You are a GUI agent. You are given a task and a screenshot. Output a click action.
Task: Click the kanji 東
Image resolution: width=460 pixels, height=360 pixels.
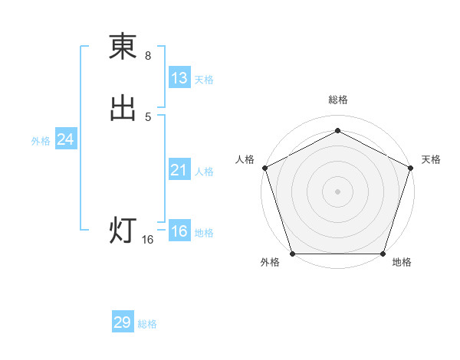[123, 47]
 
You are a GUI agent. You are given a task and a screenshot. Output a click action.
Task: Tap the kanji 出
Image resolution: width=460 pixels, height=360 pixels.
[123, 108]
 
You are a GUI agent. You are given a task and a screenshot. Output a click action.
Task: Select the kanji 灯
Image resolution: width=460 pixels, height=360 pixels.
[123, 231]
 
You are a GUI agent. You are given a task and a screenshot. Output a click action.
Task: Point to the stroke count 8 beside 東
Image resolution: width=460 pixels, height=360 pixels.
[148, 56]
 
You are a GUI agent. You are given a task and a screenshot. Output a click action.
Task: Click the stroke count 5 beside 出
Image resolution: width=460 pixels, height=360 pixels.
[148, 116]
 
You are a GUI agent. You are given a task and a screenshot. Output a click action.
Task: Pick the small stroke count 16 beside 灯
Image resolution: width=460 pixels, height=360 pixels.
[148, 240]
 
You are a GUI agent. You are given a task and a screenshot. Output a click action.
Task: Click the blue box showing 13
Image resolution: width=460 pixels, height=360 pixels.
[179, 78]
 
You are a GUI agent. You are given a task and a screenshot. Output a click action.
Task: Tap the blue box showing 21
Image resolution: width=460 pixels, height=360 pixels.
[179, 170]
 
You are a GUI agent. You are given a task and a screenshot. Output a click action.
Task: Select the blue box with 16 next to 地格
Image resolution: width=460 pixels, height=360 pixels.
[179, 231]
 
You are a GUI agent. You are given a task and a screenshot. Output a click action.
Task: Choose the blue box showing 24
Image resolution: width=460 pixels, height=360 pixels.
[66, 139]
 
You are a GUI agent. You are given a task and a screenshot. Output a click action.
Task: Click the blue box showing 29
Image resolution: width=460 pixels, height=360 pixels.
[123, 322]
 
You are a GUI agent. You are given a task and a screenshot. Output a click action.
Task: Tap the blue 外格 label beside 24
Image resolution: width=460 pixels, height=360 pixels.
[41, 141]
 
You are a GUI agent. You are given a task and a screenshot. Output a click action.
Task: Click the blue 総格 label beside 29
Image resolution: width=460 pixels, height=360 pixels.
[147, 324]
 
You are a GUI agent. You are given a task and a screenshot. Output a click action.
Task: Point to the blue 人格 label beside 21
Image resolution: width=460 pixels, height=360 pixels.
[204, 172]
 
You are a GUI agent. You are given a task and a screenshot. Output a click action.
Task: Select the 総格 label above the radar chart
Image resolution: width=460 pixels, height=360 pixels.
[338, 100]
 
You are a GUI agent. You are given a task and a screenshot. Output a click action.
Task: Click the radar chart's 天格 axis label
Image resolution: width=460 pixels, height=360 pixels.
[432, 159]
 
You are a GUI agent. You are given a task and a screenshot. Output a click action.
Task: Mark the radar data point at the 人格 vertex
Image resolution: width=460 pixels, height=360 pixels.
[264, 167]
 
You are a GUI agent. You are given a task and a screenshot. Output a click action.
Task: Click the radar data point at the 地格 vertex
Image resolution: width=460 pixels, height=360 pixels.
[383, 254]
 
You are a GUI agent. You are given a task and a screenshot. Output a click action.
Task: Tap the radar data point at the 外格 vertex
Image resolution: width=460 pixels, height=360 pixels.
[293, 254]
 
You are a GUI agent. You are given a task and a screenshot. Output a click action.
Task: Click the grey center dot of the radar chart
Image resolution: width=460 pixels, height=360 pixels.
[338, 191]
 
